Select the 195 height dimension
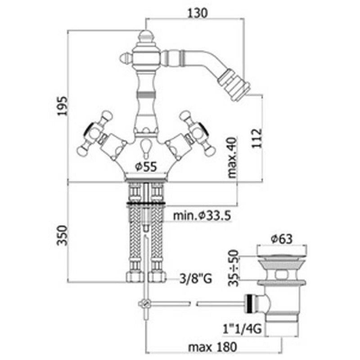(x=63, y=106)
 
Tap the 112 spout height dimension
(x=256, y=139)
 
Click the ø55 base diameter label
(x=146, y=166)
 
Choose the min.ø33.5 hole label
(x=202, y=216)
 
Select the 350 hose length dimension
(x=62, y=235)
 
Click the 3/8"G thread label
(x=196, y=279)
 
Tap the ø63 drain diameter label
(x=282, y=239)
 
